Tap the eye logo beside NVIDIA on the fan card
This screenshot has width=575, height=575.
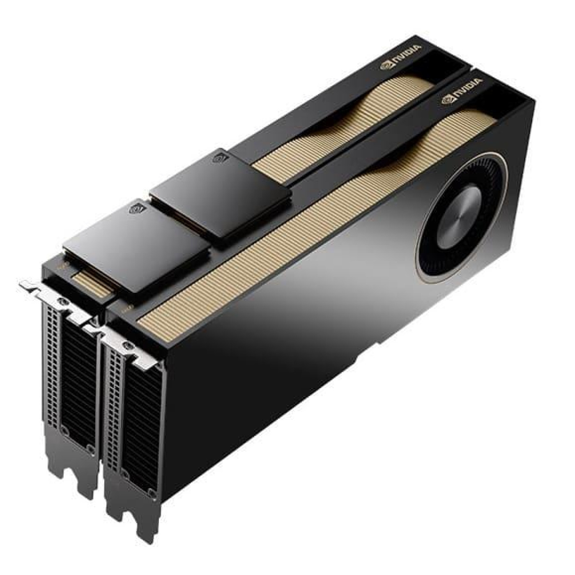pos(447,100)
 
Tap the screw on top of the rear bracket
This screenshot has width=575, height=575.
pos(62,302)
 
